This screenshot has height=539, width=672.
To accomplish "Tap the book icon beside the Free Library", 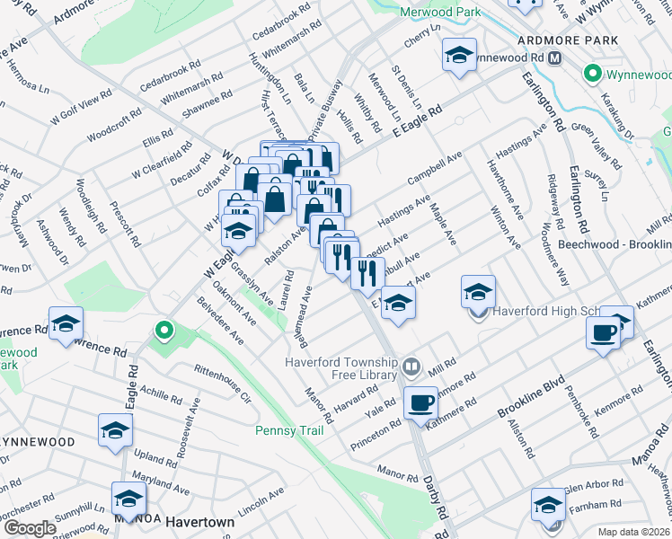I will (x=411, y=366).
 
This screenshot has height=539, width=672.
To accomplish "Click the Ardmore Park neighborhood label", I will (x=568, y=40).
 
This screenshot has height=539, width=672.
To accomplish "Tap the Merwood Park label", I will (x=440, y=12).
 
